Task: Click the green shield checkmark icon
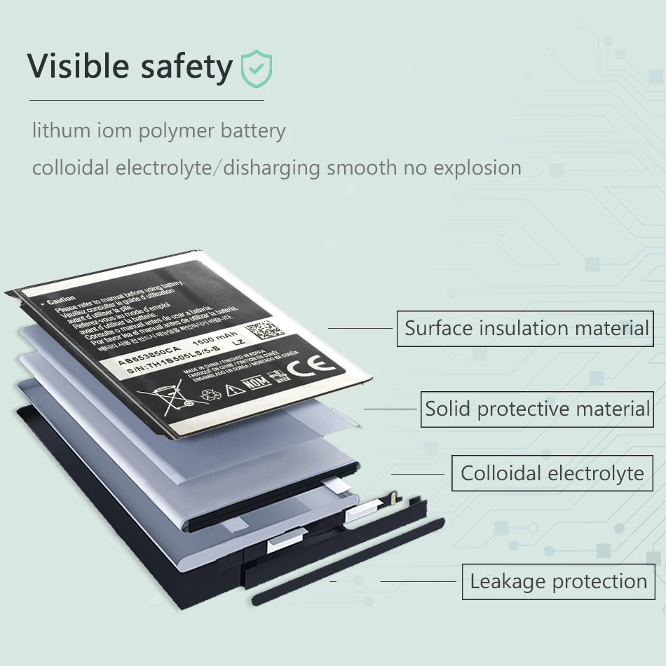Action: pyautogui.click(x=257, y=68)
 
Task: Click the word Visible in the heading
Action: pyautogui.click(x=79, y=66)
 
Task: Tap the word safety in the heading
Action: pyautogui.click(x=186, y=67)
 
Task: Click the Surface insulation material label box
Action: pyautogui.click(x=526, y=328)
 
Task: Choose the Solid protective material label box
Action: pyautogui.click(x=537, y=409)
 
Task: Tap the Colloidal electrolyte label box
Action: pyautogui.click(x=552, y=473)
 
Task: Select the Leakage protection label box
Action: pyautogui.click(x=558, y=581)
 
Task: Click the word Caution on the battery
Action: pyautogui.click(x=61, y=299)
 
